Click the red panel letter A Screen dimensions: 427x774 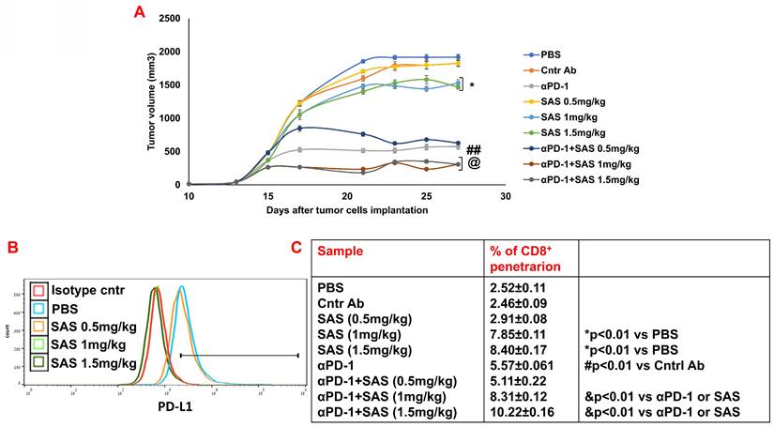point(140,12)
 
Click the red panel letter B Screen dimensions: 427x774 point(12,249)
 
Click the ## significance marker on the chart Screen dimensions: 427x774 point(474,149)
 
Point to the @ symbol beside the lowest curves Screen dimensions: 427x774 point(474,163)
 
